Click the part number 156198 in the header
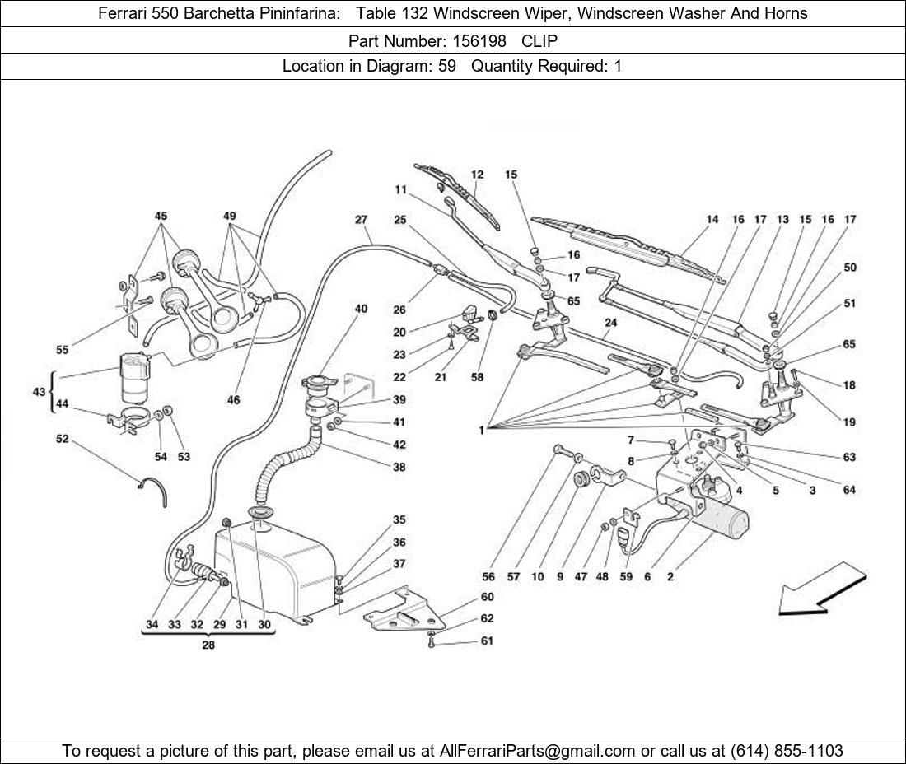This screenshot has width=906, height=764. [x=479, y=40]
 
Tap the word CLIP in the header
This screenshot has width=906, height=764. [x=539, y=40]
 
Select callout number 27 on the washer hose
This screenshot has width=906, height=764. [x=361, y=220]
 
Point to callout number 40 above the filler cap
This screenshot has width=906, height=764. [x=361, y=309]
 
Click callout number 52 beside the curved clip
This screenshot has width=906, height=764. [x=63, y=440]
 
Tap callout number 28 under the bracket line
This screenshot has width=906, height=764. [x=208, y=645]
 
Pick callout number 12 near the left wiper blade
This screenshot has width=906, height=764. [x=478, y=175]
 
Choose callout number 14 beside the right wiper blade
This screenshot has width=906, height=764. [x=712, y=219]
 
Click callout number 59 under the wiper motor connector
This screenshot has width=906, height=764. [x=626, y=577]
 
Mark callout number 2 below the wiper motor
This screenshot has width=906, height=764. [x=670, y=577]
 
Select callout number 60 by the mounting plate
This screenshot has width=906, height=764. [x=487, y=597]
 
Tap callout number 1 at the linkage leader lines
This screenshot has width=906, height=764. [x=480, y=429]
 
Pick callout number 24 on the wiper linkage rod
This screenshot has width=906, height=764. [x=609, y=323]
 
